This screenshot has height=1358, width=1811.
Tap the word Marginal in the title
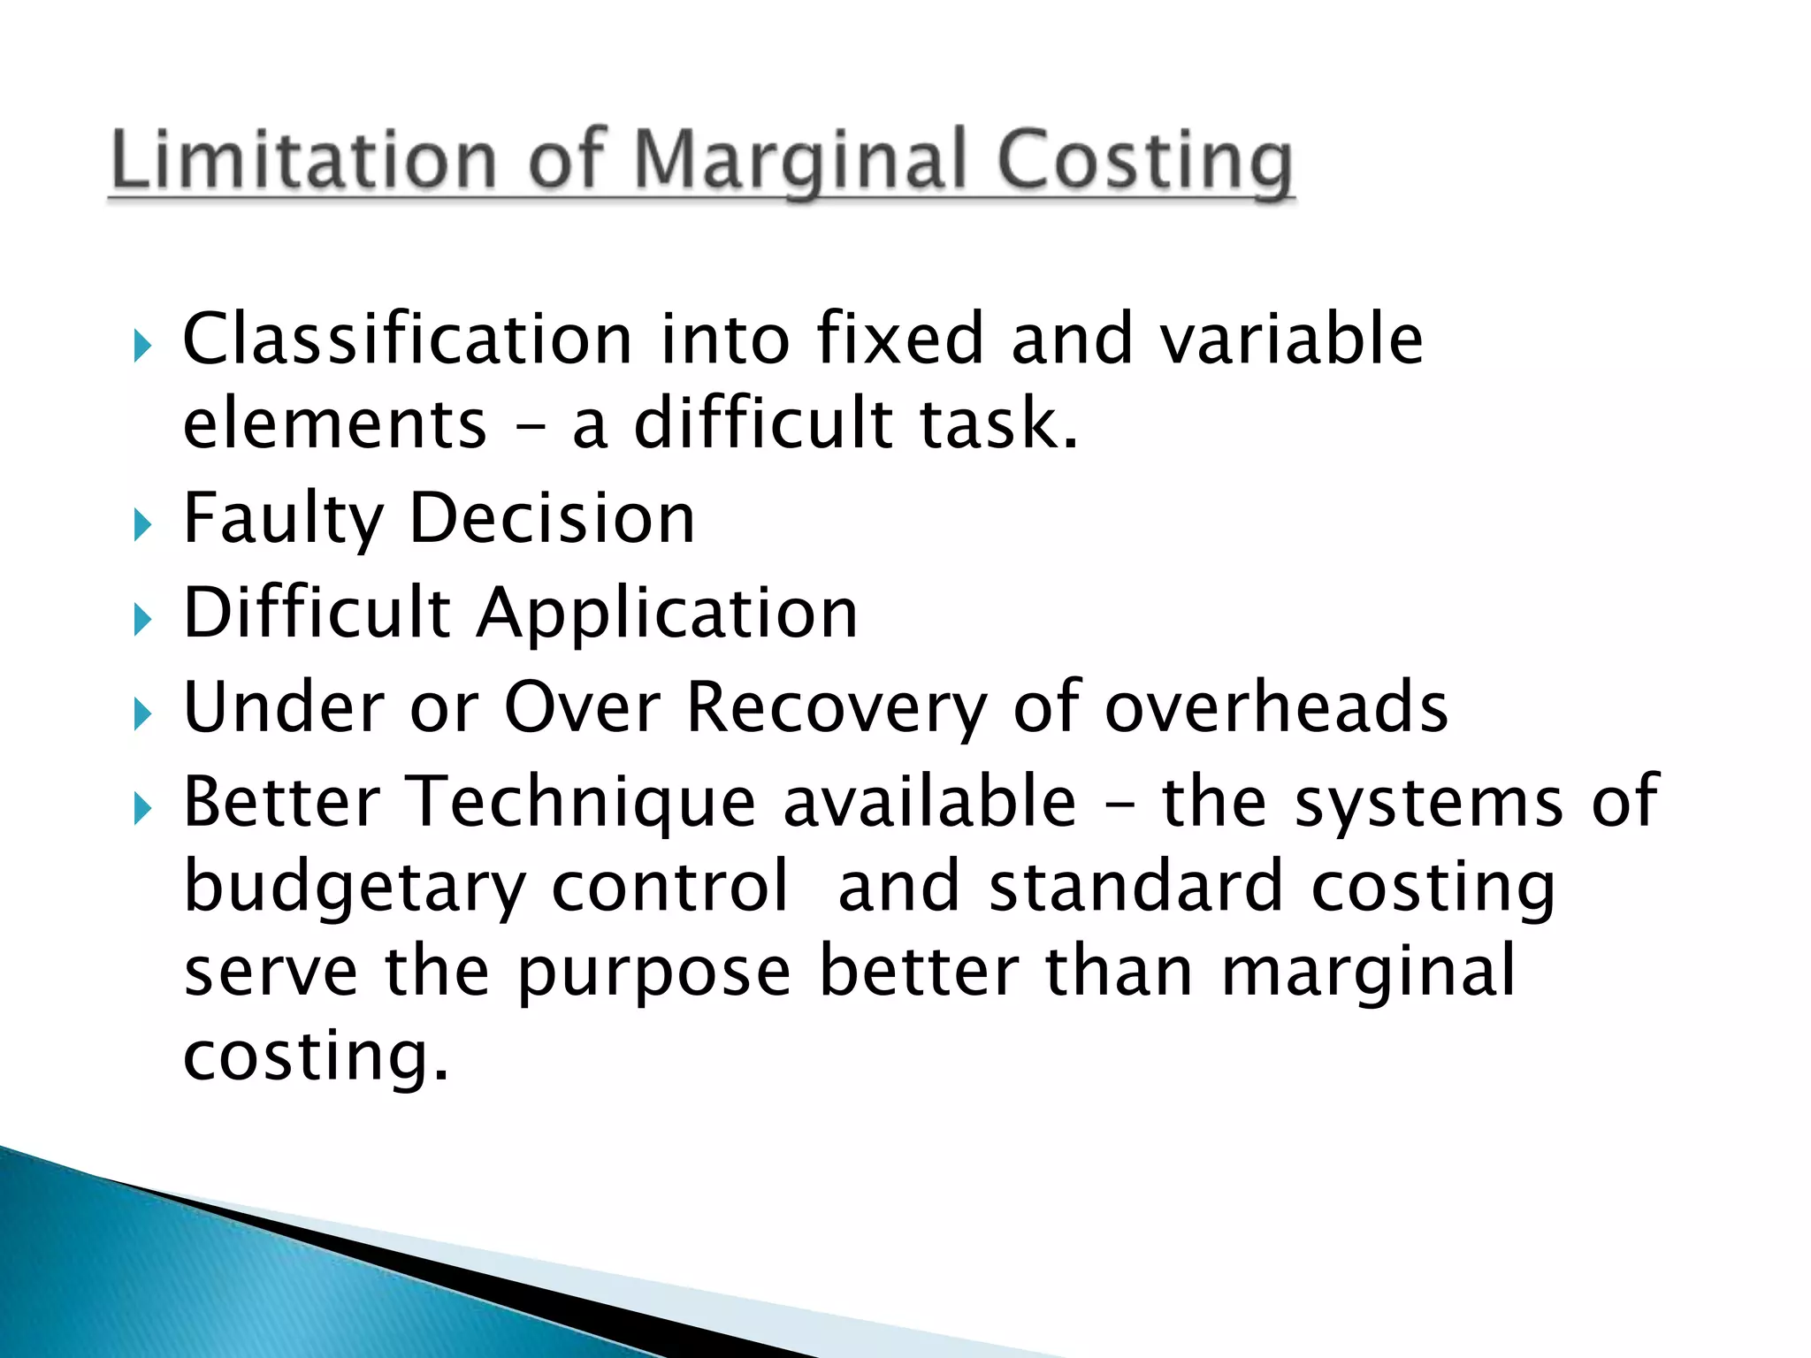(799, 161)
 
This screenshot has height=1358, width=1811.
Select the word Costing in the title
(1144, 161)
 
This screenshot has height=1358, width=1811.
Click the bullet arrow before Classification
(142, 346)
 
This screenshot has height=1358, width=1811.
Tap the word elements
(335, 423)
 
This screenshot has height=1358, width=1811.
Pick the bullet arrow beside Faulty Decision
(142, 525)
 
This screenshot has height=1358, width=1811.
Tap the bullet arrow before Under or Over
(142, 713)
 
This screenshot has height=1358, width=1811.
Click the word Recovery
(836, 707)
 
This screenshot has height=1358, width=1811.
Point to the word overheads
(1276, 707)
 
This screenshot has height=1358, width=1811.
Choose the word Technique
(584, 802)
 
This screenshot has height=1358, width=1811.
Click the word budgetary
(354, 888)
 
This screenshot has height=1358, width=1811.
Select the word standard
(1135, 886)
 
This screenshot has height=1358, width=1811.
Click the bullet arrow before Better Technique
(142, 808)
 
